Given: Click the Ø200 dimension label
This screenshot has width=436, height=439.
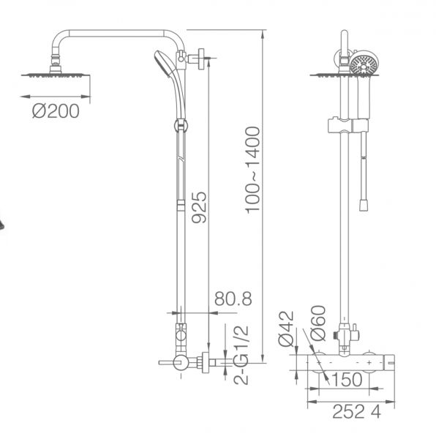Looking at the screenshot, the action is tap(56, 111).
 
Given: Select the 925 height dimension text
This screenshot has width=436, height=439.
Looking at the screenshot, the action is tap(199, 208).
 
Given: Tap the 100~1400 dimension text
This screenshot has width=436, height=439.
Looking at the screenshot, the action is tap(252, 170).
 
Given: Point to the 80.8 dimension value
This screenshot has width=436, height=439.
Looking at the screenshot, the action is tap(233, 299).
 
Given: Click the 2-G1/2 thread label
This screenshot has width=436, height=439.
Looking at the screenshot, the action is tap(241, 356).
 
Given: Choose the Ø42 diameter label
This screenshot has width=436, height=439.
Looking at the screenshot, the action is tap(287, 329).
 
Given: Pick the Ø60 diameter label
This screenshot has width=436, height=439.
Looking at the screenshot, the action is tap(318, 323).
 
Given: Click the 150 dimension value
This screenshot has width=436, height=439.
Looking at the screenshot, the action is tap(347, 380).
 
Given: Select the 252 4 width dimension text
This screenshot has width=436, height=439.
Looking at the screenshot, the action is tap(357, 412).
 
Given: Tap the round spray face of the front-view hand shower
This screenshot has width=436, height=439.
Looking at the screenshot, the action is tap(364, 64).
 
